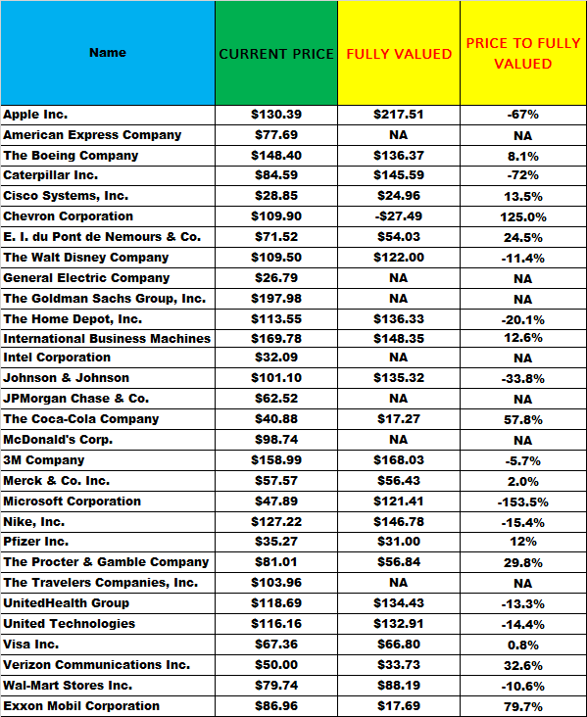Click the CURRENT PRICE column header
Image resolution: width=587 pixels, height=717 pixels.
[276, 53]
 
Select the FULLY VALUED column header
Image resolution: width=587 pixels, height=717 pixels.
[399, 53]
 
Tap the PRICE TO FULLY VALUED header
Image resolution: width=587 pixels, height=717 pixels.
[522, 53]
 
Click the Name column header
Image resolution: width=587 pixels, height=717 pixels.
[108, 53]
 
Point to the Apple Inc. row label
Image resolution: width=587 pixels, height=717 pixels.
[35, 115]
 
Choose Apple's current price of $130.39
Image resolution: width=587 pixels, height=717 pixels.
[276, 115]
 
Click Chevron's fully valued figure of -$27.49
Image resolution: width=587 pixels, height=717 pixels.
[399, 216]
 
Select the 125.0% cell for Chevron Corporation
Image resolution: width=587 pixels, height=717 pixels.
[522, 216]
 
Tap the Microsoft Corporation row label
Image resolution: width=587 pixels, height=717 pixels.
[73, 502]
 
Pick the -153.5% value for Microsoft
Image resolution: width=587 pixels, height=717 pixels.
[522, 502]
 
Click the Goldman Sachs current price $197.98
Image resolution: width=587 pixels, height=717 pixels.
[276, 299]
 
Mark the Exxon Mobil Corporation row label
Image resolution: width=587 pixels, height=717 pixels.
[81, 706]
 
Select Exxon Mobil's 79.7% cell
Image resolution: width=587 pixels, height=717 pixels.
[522, 706]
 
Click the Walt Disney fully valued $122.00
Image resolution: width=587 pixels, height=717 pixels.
[399, 258]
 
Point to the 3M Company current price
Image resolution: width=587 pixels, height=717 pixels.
[276, 460]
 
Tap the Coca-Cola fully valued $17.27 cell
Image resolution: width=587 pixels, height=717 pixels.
[399, 419]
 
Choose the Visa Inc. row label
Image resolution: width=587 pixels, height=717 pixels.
[31, 645]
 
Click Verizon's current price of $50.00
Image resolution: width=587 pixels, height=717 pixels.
[276, 665]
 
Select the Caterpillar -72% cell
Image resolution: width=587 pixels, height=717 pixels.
[522, 175]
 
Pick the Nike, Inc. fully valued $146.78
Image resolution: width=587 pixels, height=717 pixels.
[399, 522]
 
